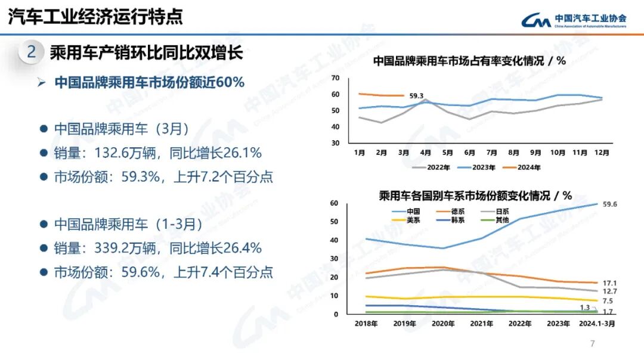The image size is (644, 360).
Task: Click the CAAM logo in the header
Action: pos(574,21)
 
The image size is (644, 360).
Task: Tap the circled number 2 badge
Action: pos(32,52)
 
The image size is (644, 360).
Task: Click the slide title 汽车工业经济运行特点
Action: pos(95,16)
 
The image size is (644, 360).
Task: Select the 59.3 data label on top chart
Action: pos(416,96)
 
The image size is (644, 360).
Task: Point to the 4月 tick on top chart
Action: pos(425,153)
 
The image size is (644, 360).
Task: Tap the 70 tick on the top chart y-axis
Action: pos(335,78)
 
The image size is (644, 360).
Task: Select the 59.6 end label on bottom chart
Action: pos(609,204)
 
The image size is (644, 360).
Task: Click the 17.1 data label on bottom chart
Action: pos(609,283)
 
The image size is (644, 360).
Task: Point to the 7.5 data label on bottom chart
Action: pos(608,302)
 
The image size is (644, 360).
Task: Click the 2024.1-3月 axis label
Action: pos(597,324)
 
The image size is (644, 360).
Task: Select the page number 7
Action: pos(592,343)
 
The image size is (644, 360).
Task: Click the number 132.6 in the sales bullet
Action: pos(113,153)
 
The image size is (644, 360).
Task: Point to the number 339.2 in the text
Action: pos(113,248)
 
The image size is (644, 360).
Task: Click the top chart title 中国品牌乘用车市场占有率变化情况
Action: pos(459,60)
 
